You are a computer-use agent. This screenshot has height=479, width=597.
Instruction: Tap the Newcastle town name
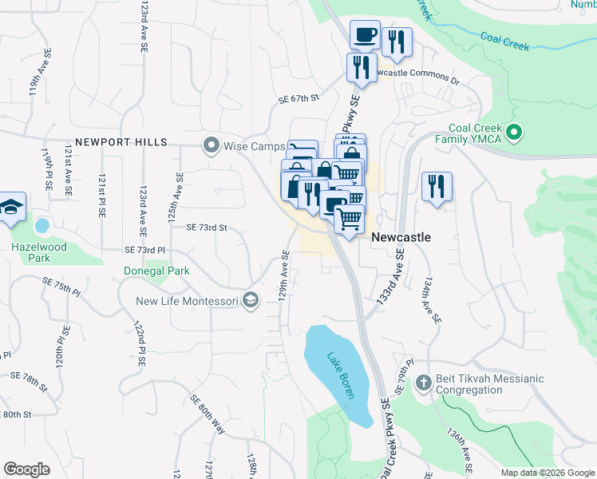[x=401, y=237]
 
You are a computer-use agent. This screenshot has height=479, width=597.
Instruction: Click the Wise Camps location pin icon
[x=211, y=144]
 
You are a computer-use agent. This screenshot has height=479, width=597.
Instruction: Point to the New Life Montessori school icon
[x=251, y=300]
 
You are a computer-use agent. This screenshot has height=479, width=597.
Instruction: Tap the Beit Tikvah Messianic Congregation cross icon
[x=423, y=384]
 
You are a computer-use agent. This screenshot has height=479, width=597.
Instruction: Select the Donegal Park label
[x=156, y=271]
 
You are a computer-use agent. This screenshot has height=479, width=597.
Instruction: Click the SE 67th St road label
[x=298, y=98]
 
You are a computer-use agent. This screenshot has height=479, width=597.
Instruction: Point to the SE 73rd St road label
[x=207, y=228]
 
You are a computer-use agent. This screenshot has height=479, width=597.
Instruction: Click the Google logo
[x=27, y=469]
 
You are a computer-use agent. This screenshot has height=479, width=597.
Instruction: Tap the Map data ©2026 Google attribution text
[x=547, y=473]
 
